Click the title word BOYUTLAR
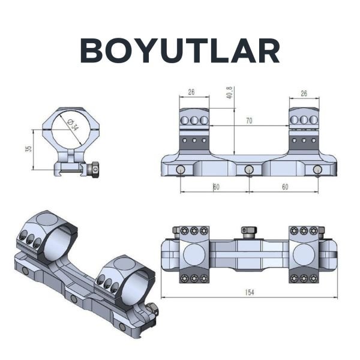coord(180,52)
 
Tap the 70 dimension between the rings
coord(248,121)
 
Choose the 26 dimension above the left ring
coord(191,92)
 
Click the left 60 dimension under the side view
coord(216,187)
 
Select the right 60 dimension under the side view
coord(284,187)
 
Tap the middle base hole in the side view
coord(248,170)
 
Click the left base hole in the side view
coord(180,170)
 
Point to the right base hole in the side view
coord(317,170)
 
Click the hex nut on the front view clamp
coord(95,170)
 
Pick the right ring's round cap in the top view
coord(305,254)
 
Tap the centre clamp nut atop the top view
coord(248,230)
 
